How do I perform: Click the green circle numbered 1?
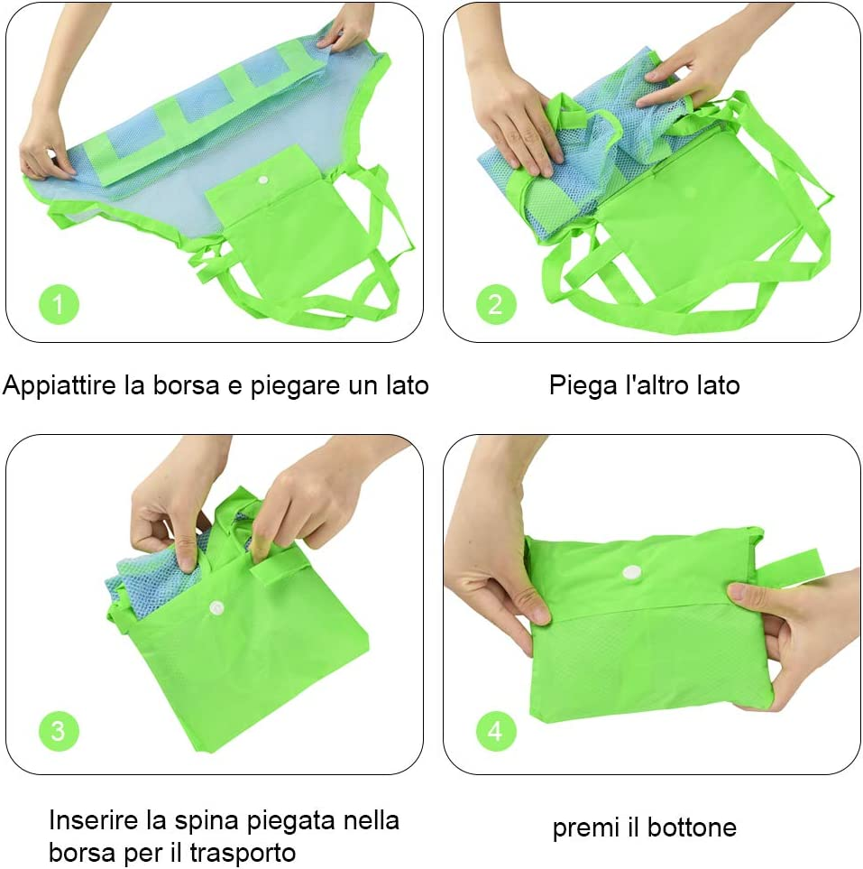coord(59,304)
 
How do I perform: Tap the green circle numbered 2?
coord(496,304)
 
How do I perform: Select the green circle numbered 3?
coord(59,730)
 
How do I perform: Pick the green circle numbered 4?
coord(496,730)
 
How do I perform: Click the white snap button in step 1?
coord(263,180)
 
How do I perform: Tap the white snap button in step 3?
coord(216,608)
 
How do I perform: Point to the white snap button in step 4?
coord(631,572)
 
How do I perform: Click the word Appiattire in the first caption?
coord(60,385)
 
